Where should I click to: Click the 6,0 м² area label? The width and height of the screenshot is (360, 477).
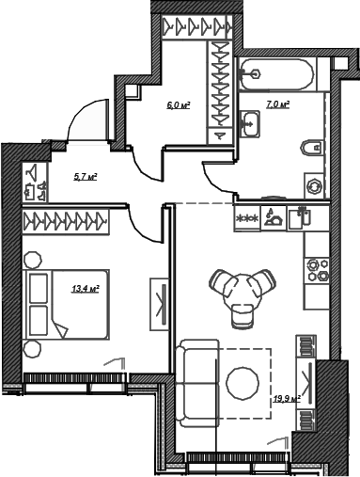coord(179,105)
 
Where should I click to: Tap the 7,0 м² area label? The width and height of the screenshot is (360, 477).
coord(277,104)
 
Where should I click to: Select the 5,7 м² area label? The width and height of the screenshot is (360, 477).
coord(86,177)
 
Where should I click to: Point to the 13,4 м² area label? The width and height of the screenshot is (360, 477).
coord(86,289)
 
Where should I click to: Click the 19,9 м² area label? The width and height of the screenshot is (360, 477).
coord(287,399)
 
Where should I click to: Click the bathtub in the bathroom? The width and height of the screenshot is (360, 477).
coord(276,74)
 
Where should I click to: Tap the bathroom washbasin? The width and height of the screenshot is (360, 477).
coord(250,123)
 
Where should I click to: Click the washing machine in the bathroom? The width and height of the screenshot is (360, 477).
coord(314,186)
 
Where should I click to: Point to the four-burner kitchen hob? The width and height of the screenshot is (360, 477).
coord(317,269)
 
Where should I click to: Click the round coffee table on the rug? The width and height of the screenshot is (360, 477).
coord(243,383)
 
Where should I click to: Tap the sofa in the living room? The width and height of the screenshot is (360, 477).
coord(197,383)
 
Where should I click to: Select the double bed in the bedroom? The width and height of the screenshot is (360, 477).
coord(68,304)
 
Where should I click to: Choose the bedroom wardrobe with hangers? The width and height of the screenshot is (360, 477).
coord(66,222)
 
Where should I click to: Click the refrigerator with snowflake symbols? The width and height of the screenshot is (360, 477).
coord(247,218)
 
